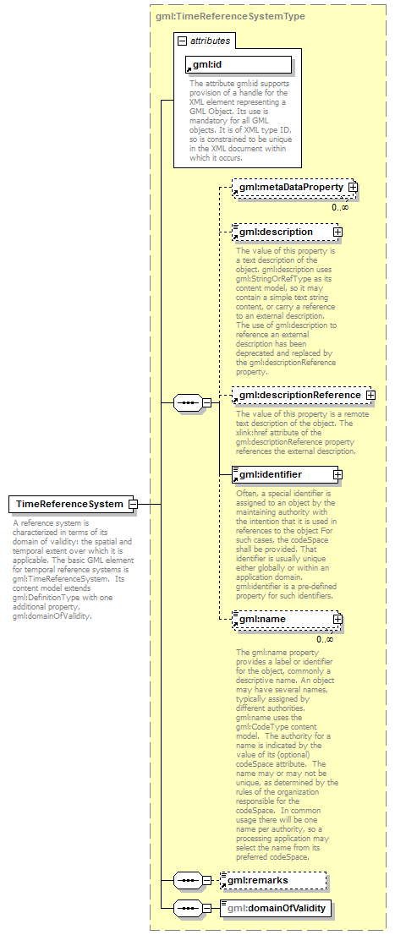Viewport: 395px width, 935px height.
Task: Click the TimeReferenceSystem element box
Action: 69,505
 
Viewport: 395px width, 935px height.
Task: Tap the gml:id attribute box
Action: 239,64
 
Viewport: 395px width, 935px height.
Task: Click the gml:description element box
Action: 283,232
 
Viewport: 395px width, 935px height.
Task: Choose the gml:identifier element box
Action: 283,474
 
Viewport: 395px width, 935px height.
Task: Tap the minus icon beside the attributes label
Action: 182,41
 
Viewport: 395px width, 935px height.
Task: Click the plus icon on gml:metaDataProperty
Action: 353,187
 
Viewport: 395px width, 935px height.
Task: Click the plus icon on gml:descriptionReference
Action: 370,395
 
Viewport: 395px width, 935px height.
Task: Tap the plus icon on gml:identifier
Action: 337,474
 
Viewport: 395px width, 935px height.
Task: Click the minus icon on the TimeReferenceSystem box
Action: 133,505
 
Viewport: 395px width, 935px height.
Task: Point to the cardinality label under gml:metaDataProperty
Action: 339,207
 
